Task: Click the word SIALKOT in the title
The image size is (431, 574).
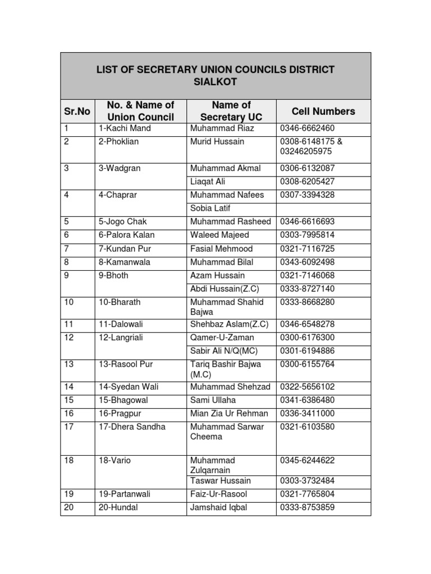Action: click(215, 82)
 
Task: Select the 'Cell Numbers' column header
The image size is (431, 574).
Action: click(323, 111)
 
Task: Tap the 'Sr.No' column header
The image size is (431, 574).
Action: click(77, 111)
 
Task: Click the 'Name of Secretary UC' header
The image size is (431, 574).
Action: click(231, 111)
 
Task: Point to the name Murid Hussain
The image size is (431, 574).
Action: click(217, 142)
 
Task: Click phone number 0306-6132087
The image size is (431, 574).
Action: click(307, 168)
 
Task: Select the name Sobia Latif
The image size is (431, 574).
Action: click(210, 208)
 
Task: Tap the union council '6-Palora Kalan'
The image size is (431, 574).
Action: click(126, 235)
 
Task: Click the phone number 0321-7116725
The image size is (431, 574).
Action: click(307, 248)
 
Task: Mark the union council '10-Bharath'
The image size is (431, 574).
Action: click(120, 302)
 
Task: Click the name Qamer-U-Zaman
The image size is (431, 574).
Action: click(222, 337)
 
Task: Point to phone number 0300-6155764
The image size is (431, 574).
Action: click(307, 364)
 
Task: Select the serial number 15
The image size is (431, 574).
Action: click(69, 400)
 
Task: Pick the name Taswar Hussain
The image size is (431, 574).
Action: click(221, 481)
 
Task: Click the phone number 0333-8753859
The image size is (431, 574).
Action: click(307, 508)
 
